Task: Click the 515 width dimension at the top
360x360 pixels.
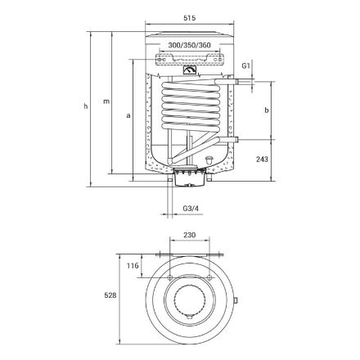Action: coord(190,18)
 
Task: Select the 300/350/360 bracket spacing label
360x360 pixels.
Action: coord(190,45)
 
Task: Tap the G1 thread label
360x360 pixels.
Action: coord(246,65)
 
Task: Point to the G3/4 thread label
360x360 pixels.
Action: coord(191,209)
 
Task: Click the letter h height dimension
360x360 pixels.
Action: coord(86,106)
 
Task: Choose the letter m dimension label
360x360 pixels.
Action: coord(106,101)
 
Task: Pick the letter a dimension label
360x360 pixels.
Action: coord(128,115)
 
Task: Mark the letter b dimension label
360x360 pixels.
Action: coord(267,110)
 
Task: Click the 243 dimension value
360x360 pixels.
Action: coord(262,159)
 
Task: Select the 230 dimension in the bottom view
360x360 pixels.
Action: coord(190,235)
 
